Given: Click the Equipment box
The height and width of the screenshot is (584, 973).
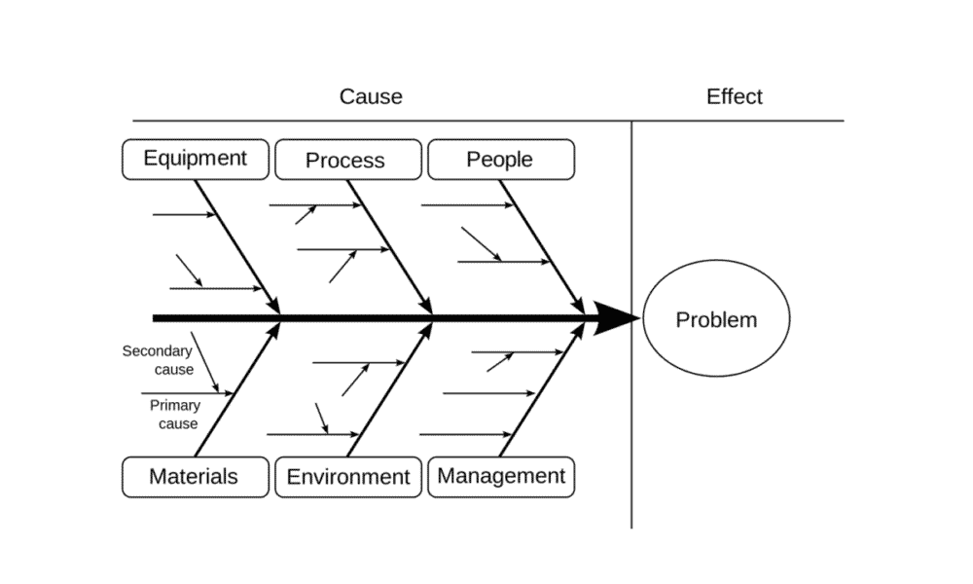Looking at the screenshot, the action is [x=196, y=160].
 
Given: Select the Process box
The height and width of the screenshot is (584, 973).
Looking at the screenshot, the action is [x=348, y=160].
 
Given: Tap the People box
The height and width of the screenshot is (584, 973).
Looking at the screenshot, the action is [x=501, y=160].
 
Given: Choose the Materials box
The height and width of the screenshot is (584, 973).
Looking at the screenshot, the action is [x=196, y=477].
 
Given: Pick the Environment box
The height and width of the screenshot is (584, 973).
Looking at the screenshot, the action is [x=348, y=477].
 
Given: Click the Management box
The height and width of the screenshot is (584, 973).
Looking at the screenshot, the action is [x=501, y=477].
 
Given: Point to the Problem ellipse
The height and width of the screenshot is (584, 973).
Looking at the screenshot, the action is [x=716, y=318].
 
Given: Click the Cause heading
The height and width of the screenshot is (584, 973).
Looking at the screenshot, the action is [x=371, y=96].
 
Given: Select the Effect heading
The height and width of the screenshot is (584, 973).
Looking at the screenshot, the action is [x=734, y=96].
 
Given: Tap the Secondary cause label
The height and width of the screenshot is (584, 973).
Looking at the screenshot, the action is [x=159, y=360].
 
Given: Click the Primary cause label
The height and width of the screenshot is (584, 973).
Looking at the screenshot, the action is [x=175, y=414].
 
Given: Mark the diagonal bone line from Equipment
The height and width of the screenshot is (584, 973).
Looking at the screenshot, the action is [x=237, y=247].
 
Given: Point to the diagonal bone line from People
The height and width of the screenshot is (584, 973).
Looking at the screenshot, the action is [x=542, y=247].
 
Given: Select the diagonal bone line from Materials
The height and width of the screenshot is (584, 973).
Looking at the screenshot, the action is [x=237, y=389].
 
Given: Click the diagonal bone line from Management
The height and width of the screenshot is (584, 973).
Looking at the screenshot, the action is [x=542, y=389].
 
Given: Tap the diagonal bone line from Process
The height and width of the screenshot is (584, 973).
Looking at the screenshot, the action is [x=390, y=247].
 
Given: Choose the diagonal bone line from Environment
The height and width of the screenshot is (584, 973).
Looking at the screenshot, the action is [x=390, y=389].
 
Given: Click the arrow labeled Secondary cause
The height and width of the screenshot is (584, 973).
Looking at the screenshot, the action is [x=204, y=362].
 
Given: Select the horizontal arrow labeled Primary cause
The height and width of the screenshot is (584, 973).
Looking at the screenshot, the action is [x=188, y=393].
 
